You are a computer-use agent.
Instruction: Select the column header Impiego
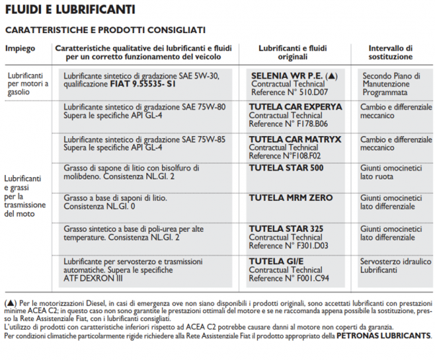20,48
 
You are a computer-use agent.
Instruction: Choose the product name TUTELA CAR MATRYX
295,138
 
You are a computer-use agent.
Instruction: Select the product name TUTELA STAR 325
285,228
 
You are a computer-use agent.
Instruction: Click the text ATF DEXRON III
92,278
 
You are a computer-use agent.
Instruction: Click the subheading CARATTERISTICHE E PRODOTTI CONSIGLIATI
105,30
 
